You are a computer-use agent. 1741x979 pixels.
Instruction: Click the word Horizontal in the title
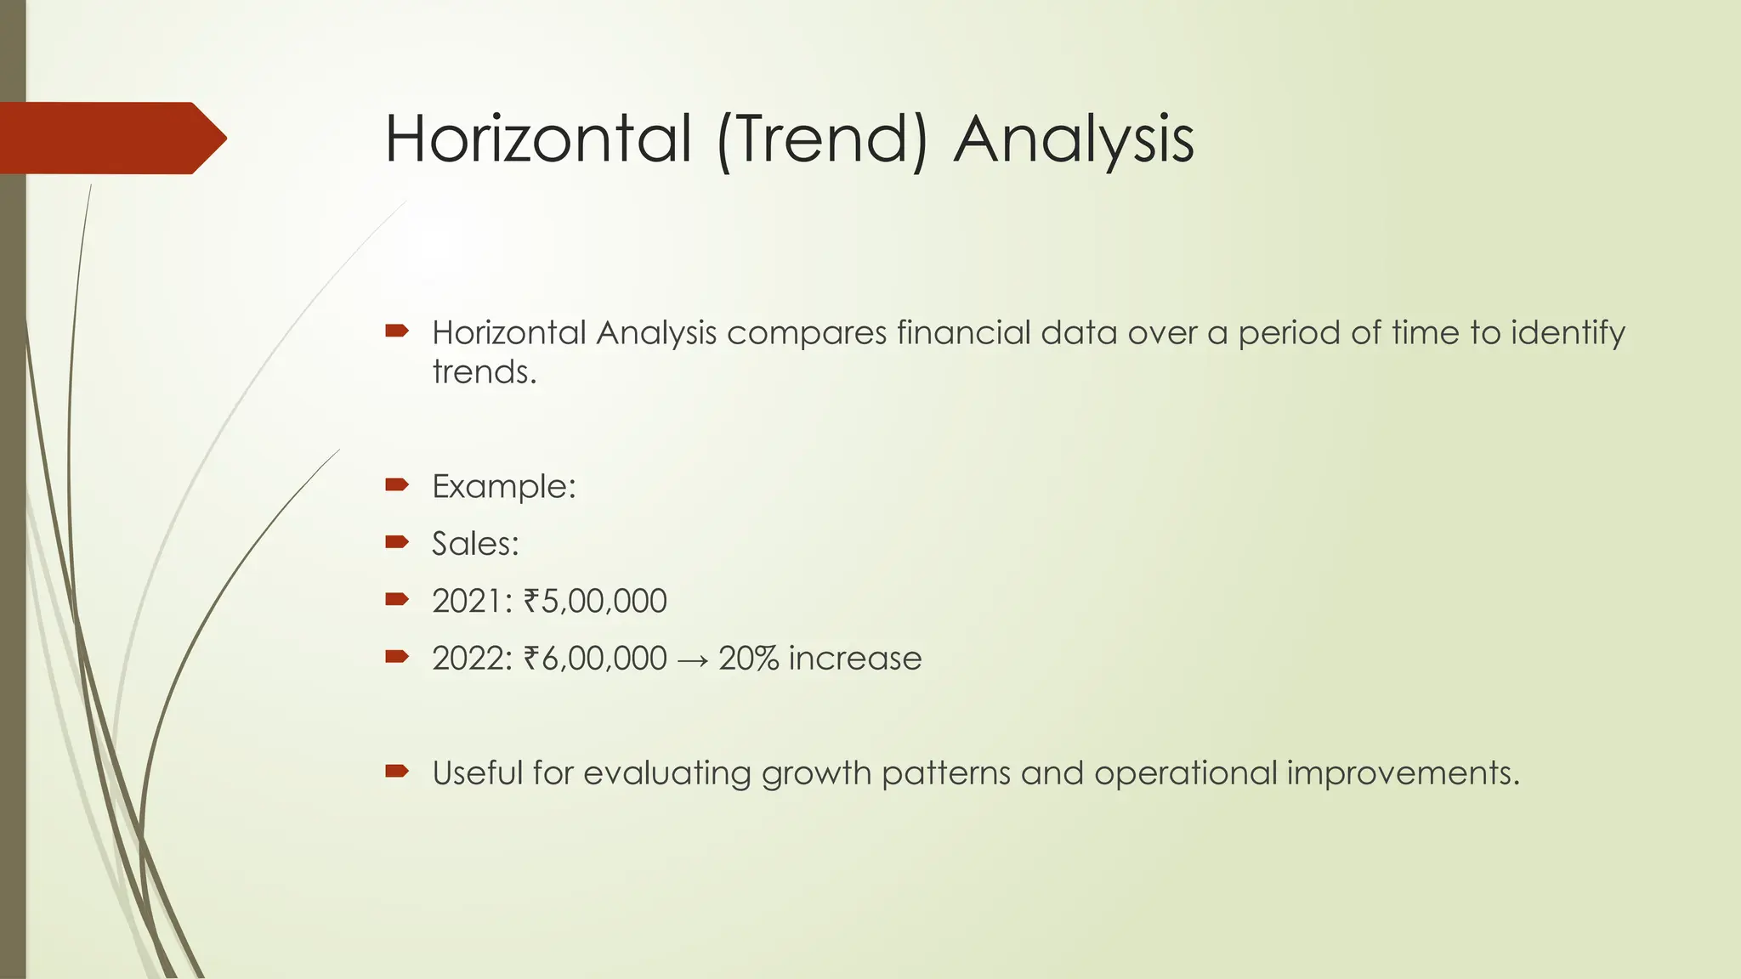click(537, 139)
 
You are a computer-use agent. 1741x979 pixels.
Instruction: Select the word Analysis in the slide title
click(1074, 139)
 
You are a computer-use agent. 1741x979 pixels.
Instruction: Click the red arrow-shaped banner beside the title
click(111, 138)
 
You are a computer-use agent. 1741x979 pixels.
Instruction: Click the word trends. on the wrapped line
click(485, 372)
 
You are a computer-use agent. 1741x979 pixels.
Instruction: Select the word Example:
click(504, 487)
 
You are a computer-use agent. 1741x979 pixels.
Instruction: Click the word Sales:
click(475, 544)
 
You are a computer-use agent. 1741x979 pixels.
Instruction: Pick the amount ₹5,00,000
click(595, 602)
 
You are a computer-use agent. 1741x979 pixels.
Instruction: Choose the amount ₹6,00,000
click(595, 659)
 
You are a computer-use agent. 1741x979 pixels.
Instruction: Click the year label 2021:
click(473, 602)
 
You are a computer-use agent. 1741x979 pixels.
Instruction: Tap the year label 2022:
click(473, 659)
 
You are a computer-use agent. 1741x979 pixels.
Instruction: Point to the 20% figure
click(748, 659)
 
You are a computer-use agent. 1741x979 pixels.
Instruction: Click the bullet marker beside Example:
click(397, 485)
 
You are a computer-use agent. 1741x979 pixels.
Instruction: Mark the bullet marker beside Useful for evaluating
click(397, 772)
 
